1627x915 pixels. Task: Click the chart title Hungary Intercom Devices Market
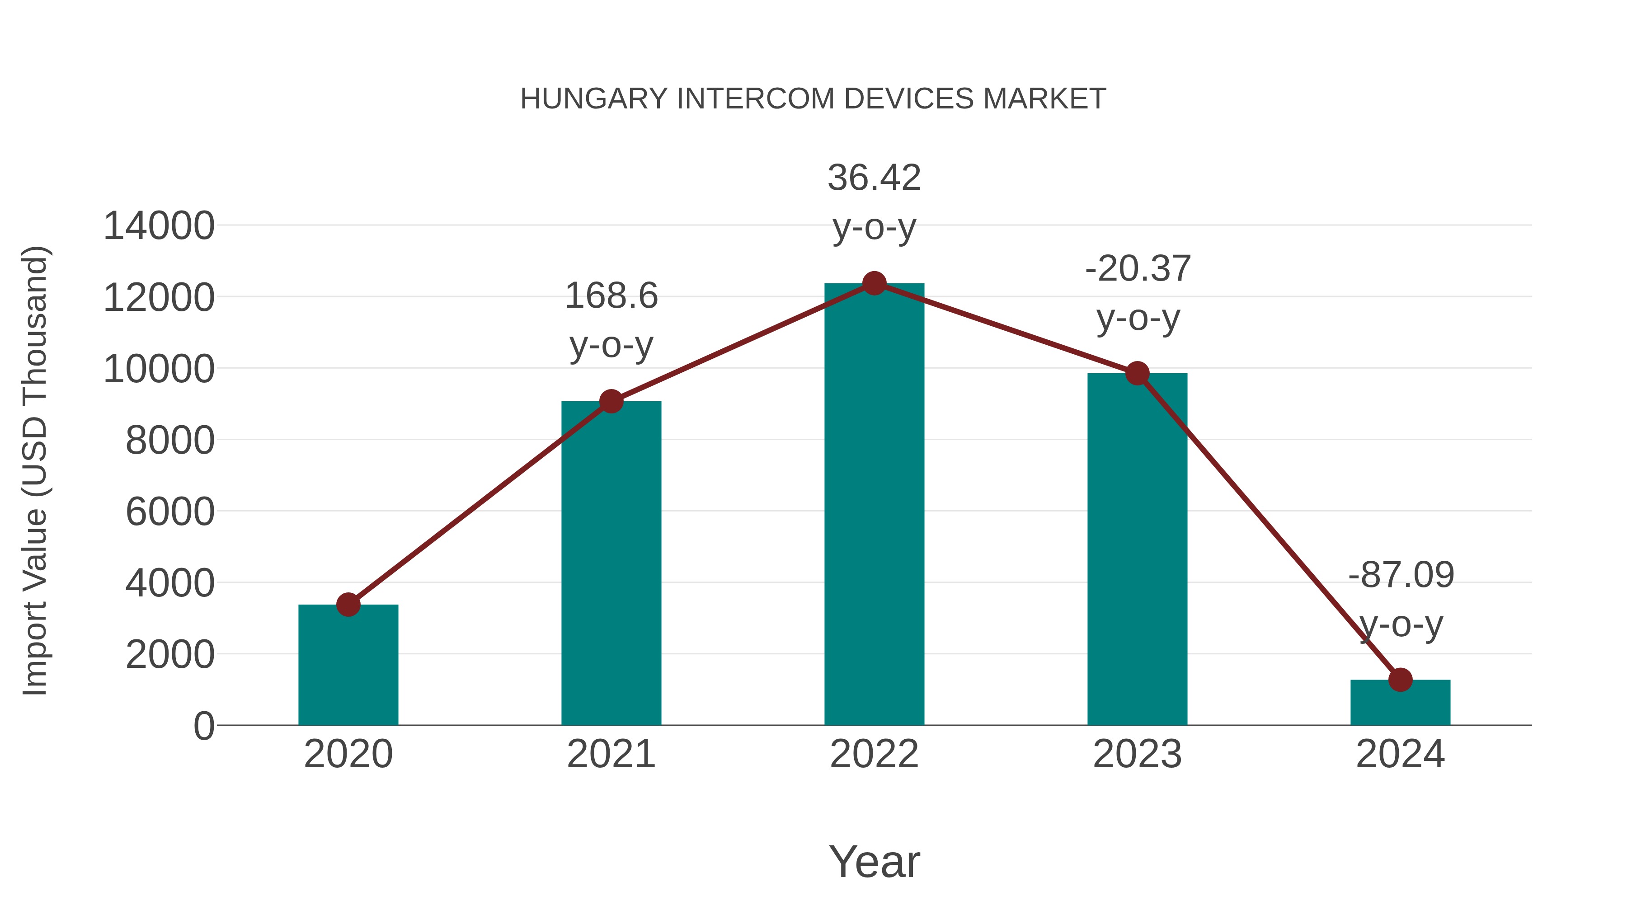coord(813,99)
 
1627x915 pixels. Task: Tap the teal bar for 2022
coord(874,505)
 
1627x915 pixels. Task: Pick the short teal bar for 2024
coord(1400,704)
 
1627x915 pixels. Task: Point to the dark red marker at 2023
coord(1137,373)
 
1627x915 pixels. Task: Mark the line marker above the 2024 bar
coord(1400,680)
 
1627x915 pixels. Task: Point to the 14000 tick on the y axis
coord(159,226)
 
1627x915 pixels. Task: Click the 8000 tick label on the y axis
coord(170,440)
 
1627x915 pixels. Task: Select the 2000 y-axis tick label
coord(170,655)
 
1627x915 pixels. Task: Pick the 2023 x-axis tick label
coord(1137,754)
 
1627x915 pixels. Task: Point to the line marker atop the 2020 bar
coord(348,604)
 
